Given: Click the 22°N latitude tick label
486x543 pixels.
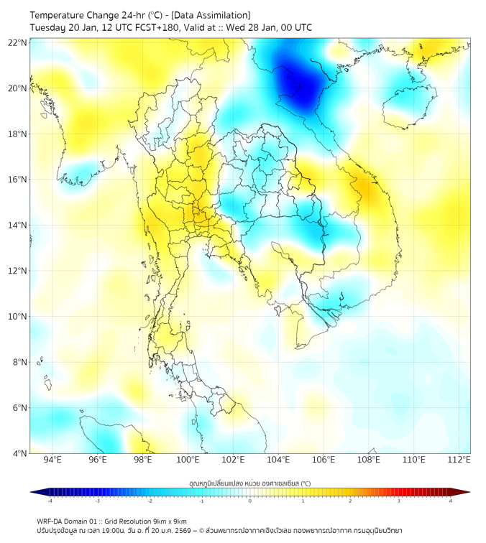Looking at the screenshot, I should (17, 42).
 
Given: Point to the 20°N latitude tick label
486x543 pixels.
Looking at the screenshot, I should (17, 88).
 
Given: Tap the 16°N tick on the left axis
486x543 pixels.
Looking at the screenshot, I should (17, 180).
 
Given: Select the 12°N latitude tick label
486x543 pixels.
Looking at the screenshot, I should (17, 271).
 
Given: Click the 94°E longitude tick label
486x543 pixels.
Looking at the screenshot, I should (52, 460).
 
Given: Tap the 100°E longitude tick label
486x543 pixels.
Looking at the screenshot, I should (188, 460).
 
